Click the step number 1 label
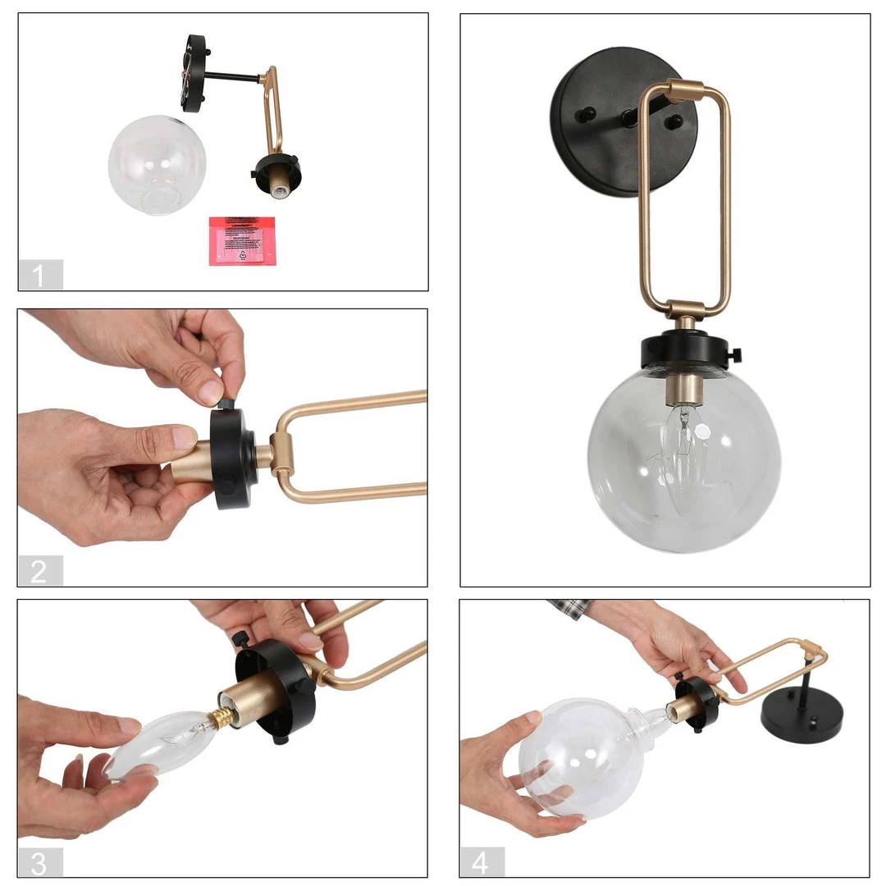coord(40,275)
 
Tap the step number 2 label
coord(40,571)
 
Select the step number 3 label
coord(40,862)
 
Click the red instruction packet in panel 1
coord(242,240)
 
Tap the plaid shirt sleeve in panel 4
coord(569,608)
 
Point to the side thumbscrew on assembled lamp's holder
coord(734,354)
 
